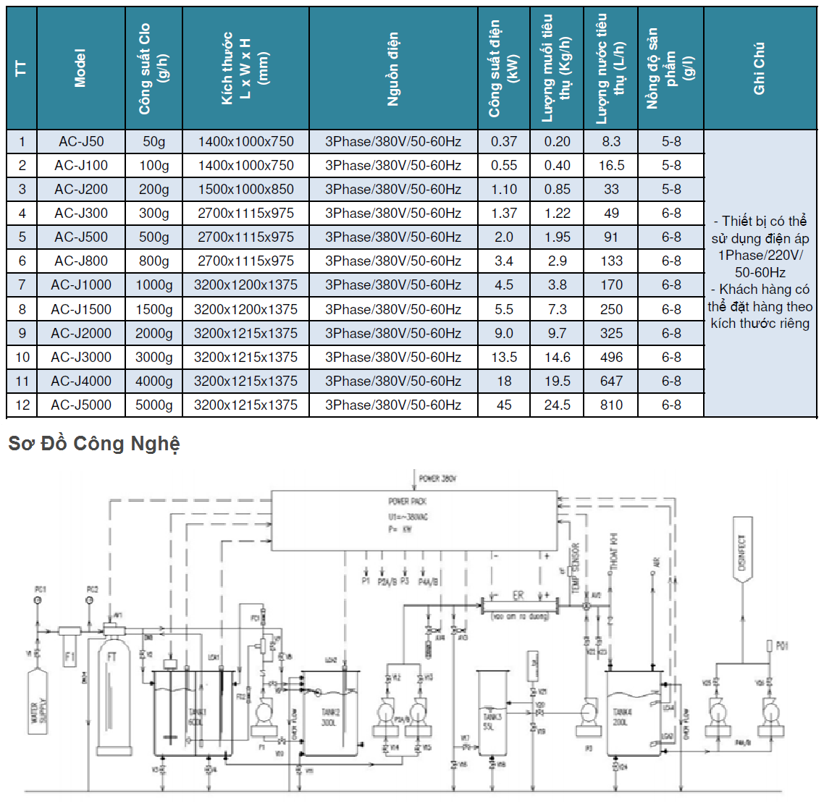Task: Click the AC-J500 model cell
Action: point(81,237)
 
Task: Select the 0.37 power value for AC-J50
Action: point(504,142)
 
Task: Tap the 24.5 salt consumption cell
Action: point(557,405)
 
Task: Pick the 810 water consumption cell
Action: point(611,405)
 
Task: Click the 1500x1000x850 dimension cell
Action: point(245,190)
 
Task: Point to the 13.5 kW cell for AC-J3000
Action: point(504,358)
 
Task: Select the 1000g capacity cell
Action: point(154,285)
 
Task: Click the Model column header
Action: point(80,69)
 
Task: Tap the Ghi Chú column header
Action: point(760,69)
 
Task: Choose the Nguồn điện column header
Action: point(393,69)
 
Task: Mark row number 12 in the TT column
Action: point(22,405)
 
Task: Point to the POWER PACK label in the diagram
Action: point(408,501)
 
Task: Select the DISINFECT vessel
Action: point(741,554)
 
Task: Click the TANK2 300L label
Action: point(330,717)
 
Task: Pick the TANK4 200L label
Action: point(622,717)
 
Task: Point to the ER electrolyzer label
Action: point(518,595)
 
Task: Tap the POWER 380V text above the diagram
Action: point(437,479)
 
